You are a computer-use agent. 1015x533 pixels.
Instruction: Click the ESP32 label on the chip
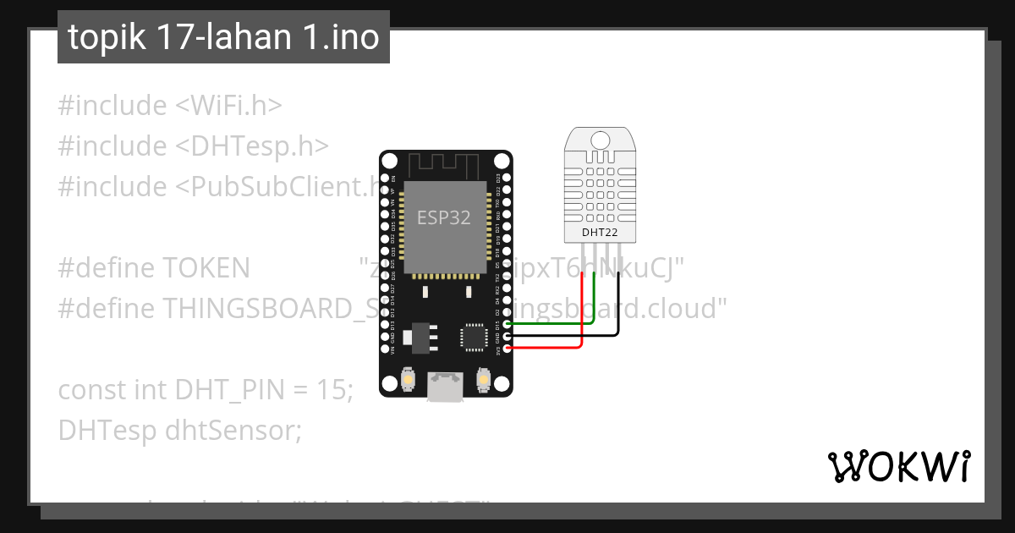[444, 217]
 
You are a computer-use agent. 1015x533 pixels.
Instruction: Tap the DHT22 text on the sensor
[600, 232]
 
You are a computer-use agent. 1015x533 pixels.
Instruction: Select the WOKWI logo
[898, 466]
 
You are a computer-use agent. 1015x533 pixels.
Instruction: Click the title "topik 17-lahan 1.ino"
[223, 37]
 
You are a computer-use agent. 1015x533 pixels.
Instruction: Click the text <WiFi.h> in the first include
[228, 106]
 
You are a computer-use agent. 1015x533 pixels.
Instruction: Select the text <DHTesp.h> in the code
[252, 146]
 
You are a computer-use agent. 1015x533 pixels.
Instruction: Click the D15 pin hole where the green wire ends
[507, 323]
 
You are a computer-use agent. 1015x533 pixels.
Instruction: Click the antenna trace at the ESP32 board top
[445, 163]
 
